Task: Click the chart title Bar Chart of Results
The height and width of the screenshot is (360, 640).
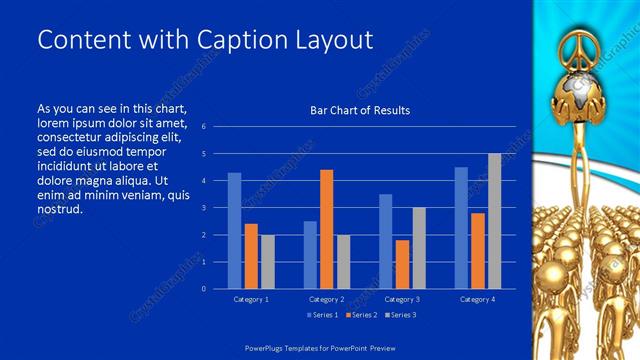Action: (360, 110)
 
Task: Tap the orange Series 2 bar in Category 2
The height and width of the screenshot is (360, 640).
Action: (326, 229)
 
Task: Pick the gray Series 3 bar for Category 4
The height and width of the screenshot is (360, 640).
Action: (494, 221)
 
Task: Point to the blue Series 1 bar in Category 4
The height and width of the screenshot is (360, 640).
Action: (461, 228)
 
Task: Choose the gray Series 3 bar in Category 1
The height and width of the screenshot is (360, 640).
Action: (267, 262)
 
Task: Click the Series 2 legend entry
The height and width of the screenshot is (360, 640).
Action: (360, 315)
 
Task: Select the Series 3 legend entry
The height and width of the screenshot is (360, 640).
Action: (400, 315)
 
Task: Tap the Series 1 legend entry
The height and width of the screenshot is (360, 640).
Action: (320, 315)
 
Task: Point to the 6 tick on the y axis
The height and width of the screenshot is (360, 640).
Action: (203, 127)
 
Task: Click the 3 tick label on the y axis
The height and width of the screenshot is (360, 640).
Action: (203, 208)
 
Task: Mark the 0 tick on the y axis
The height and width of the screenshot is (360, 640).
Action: (203, 289)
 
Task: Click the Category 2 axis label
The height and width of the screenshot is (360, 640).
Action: (326, 299)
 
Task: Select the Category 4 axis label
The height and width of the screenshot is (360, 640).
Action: (477, 299)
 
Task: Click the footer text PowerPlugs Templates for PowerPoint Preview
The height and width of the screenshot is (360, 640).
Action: (320, 349)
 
